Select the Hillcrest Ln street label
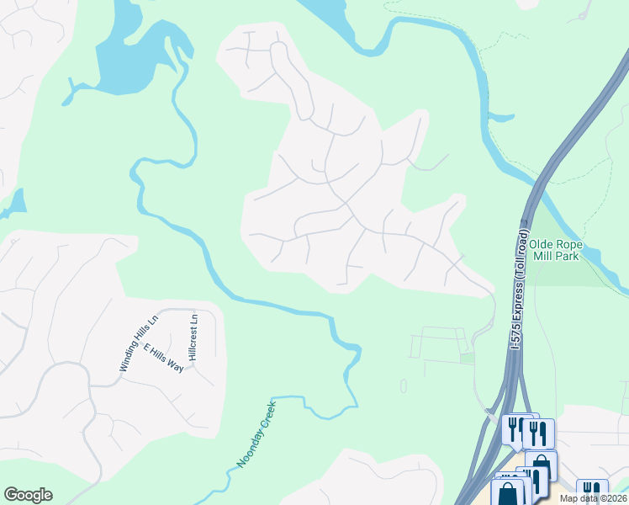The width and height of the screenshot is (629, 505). (x=193, y=337)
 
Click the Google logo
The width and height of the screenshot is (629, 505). (x=28, y=495)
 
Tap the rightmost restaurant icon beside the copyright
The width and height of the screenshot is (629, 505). (x=593, y=491)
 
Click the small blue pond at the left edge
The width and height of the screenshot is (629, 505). (x=14, y=203)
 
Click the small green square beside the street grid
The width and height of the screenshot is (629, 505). (x=466, y=359)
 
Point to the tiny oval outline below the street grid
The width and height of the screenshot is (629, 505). (x=403, y=385)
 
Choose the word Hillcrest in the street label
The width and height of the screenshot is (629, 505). (x=193, y=342)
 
